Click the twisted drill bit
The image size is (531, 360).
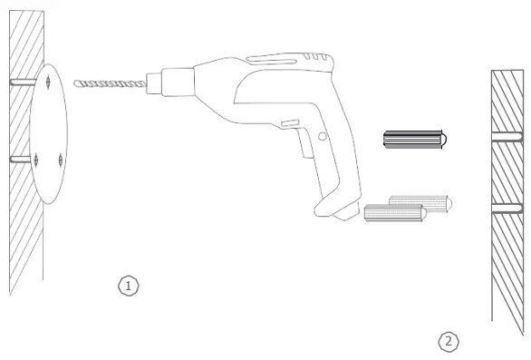point(110,83)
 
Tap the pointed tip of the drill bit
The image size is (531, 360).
point(74,83)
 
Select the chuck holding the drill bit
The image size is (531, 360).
point(170,82)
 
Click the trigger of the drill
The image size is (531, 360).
point(305,142)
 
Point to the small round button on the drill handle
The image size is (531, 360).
point(323,137)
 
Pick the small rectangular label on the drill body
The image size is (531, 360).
point(290,123)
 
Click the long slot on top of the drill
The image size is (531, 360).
point(271,61)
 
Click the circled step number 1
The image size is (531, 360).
point(129,286)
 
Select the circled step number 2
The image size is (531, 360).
point(449,342)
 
